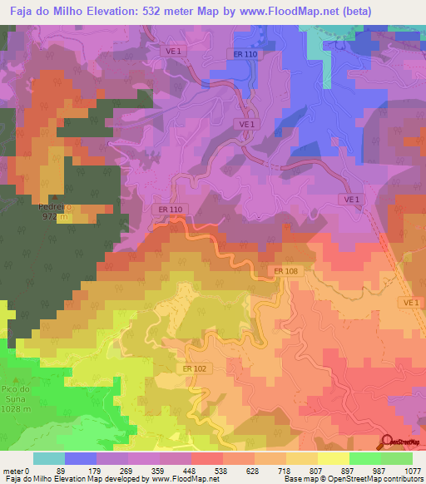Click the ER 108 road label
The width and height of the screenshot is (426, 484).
pos(284,270)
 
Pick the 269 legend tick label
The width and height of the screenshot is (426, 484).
pos(126,471)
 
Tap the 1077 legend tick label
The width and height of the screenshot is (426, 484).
pos(414,471)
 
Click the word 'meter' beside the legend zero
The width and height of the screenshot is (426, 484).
pos(12,471)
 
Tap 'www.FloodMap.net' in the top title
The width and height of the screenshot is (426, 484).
pos(272,10)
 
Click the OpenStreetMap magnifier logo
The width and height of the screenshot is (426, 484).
pos(388,441)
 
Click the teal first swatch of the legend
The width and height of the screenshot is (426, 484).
pos(49,458)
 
